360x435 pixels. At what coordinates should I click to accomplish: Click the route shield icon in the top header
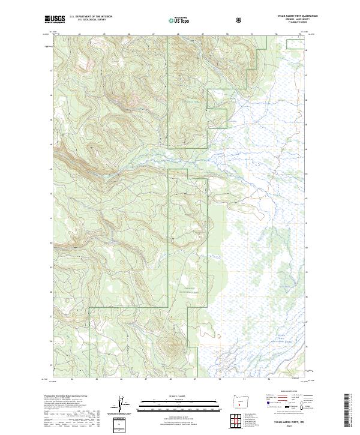pyautogui.click(x=240, y=20)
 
